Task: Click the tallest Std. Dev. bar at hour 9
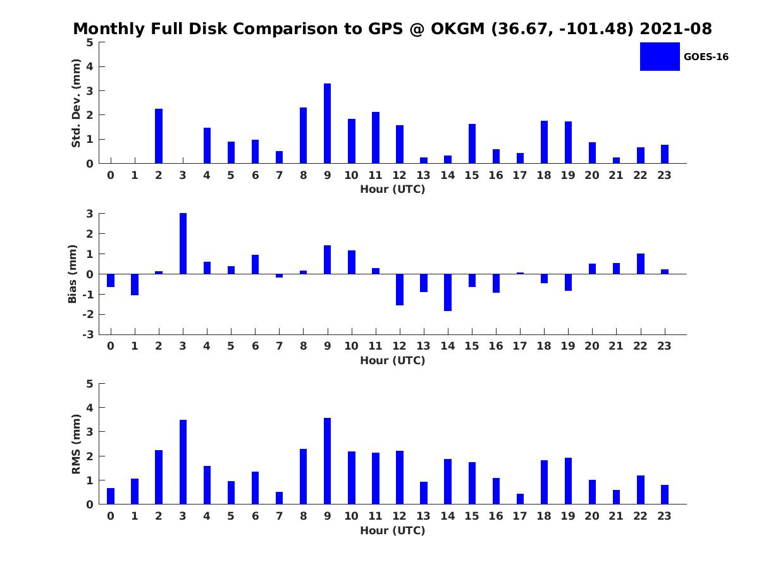click(327, 123)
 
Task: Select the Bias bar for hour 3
click(183, 243)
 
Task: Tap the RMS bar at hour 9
click(327, 462)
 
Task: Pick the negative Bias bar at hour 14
click(448, 292)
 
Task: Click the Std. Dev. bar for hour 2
click(159, 136)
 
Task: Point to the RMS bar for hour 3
click(183, 462)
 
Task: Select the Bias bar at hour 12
click(400, 290)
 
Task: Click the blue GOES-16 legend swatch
click(660, 57)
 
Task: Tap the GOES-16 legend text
click(706, 57)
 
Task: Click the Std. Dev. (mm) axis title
click(76, 103)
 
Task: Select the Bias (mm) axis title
click(72, 274)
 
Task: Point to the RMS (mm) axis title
click(76, 444)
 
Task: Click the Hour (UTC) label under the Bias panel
click(393, 360)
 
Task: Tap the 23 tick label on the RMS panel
click(664, 516)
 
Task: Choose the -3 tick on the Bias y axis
click(88, 334)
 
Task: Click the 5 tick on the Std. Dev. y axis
click(90, 42)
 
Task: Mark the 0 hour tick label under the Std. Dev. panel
click(111, 175)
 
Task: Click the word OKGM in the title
click(457, 28)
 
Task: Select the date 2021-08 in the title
click(676, 28)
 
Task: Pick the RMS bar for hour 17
click(520, 499)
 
